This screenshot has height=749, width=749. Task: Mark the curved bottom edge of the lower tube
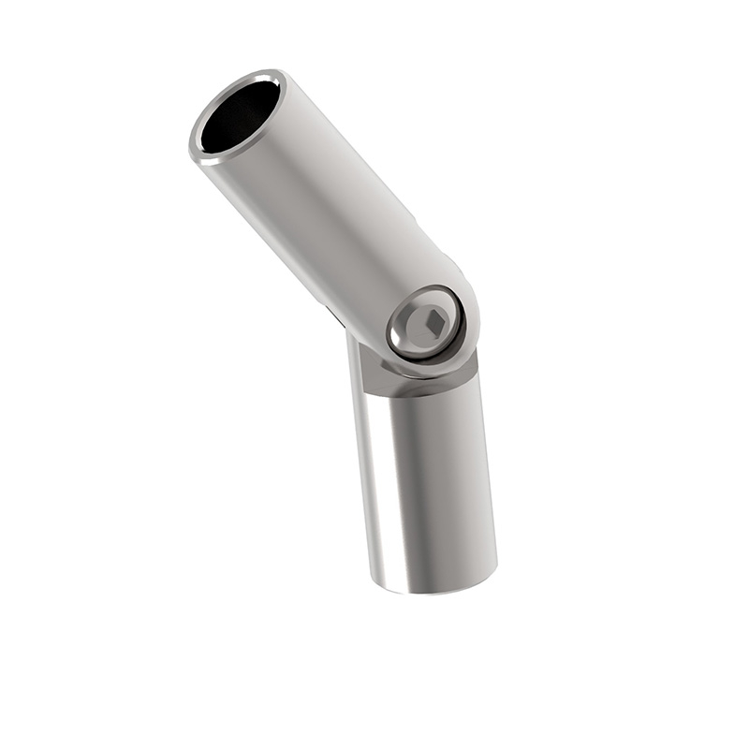(435, 590)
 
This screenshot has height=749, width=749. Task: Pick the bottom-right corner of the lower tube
(494, 571)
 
